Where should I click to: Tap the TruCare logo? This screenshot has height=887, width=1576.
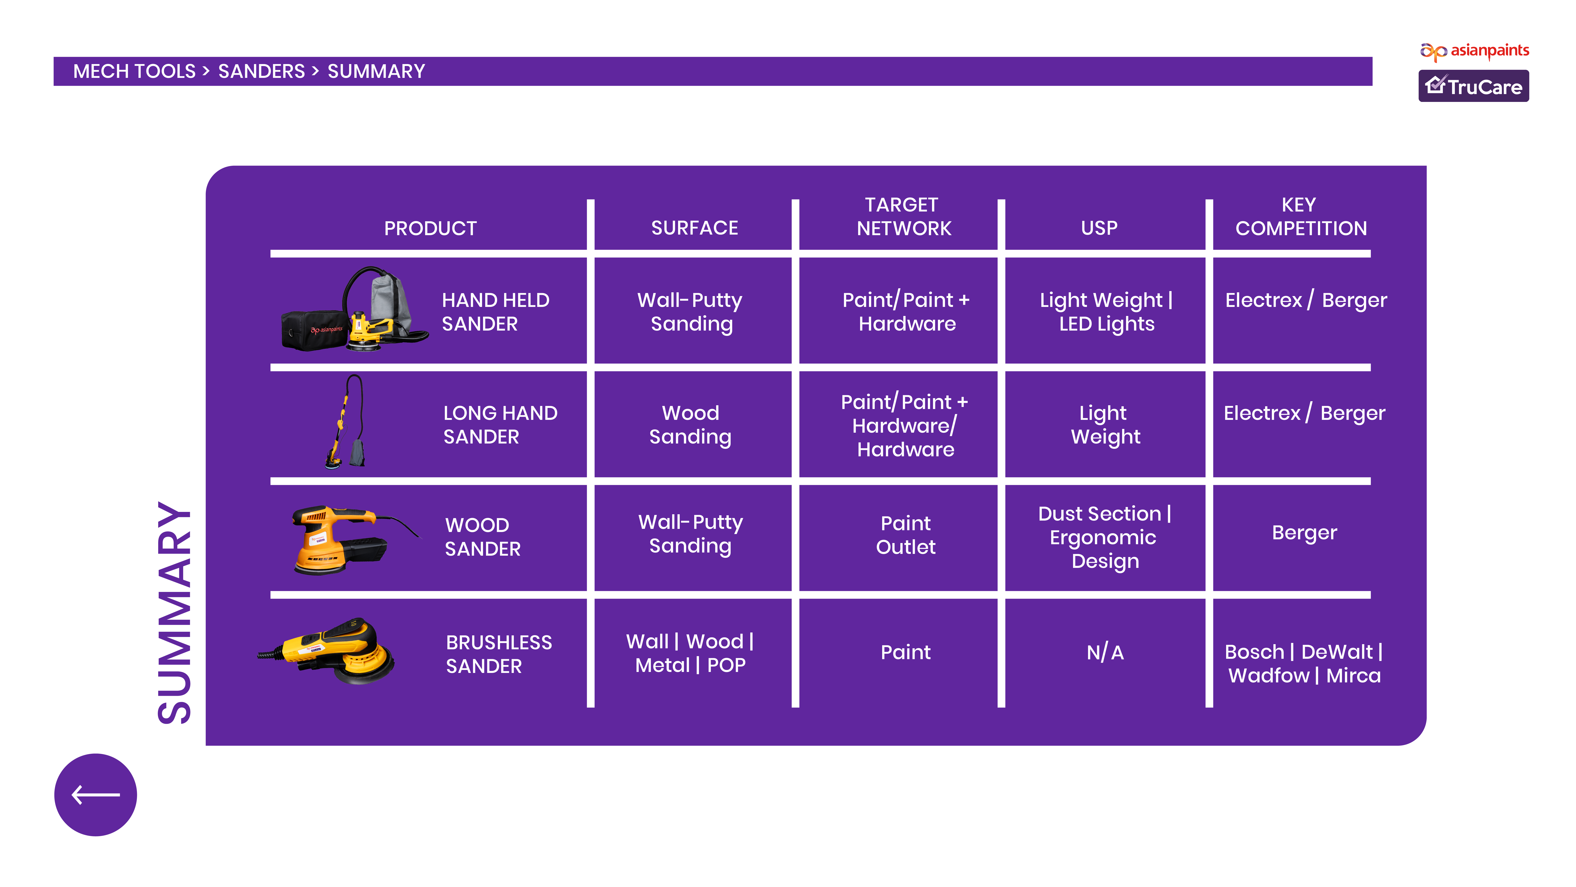click(1473, 86)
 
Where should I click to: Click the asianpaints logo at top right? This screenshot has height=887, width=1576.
click(1474, 51)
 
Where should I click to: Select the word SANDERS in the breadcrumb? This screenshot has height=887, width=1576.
click(261, 72)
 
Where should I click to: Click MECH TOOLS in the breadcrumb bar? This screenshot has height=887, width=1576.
click(134, 72)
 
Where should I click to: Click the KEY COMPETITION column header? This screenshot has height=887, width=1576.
click(1301, 216)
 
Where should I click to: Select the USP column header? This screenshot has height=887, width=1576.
click(1099, 228)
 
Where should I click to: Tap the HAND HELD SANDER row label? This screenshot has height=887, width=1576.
click(495, 312)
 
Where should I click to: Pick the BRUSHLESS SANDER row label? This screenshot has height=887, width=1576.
click(499, 654)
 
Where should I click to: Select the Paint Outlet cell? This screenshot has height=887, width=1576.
click(905, 534)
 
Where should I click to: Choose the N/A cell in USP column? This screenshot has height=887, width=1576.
click(1105, 653)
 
